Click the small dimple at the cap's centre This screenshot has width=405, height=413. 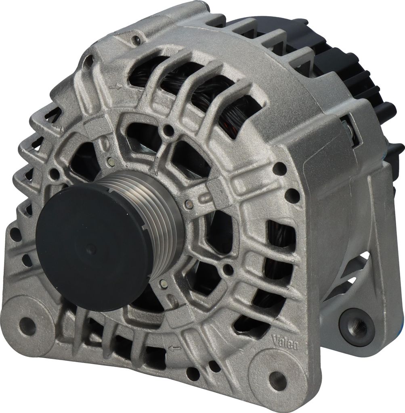(90, 248)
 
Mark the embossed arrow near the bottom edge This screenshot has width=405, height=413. (175, 349)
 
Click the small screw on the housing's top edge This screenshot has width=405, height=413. (136, 40)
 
